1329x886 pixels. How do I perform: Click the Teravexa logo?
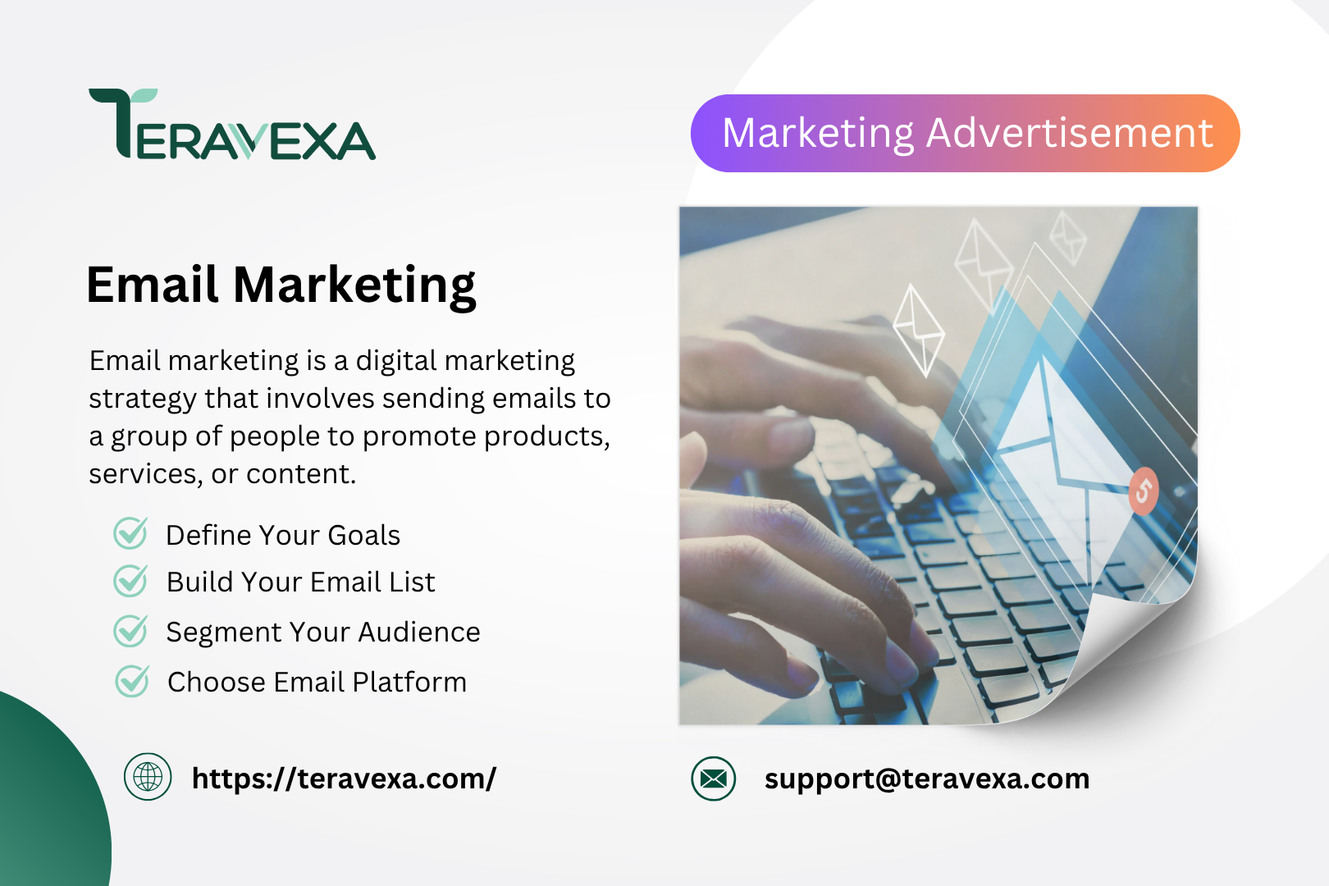(232, 124)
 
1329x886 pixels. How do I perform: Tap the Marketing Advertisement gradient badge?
(966, 133)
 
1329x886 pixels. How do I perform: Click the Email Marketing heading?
(281, 285)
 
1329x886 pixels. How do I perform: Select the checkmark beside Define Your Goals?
(130, 532)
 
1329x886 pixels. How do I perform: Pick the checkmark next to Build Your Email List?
(130, 580)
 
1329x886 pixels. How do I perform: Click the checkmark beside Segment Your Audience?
(130, 630)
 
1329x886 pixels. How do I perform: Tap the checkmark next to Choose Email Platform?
(132, 680)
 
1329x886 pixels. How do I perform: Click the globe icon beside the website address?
(148, 777)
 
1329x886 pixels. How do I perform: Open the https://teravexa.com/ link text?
(344, 779)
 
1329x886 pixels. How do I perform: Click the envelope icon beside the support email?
(713, 779)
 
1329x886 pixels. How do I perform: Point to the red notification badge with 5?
(1144, 491)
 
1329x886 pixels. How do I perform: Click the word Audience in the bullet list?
(419, 632)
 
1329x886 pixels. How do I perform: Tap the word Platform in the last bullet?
(409, 682)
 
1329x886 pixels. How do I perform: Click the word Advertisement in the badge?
(1070, 133)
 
